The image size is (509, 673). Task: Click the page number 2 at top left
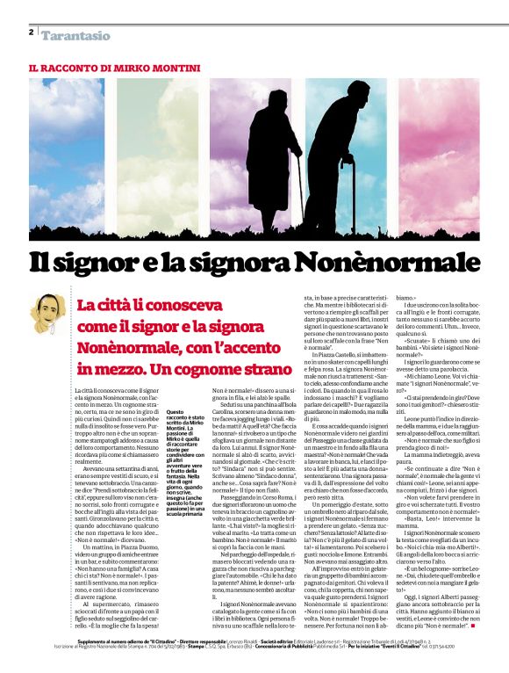(x=31, y=33)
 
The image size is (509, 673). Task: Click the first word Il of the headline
(x=45, y=264)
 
